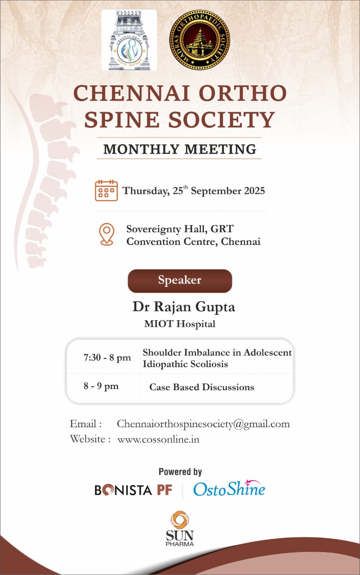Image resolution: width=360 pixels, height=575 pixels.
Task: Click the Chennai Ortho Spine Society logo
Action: (129, 40)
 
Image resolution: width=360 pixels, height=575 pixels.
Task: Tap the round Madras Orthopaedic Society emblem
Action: (199, 40)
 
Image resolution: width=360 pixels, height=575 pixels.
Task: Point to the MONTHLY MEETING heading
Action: (179, 149)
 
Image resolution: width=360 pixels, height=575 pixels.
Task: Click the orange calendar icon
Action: (107, 190)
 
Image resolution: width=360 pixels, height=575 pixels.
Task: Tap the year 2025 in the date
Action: (249, 190)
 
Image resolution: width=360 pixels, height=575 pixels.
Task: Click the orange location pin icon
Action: (107, 234)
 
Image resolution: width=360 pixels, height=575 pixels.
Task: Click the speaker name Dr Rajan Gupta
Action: (183, 307)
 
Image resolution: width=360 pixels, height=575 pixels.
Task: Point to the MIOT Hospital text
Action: (179, 324)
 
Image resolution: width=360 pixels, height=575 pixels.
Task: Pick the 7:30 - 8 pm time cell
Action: (107, 358)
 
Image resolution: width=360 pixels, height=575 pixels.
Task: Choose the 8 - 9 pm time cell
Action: (101, 386)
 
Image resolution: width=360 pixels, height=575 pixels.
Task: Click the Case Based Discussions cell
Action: (201, 387)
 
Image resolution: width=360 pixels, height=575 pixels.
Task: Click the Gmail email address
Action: (203, 424)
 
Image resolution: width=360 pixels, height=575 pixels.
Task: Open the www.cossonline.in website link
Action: (158, 439)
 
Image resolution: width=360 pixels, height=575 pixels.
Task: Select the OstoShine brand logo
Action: (229, 489)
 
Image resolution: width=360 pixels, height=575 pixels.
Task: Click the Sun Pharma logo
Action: (179, 528)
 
